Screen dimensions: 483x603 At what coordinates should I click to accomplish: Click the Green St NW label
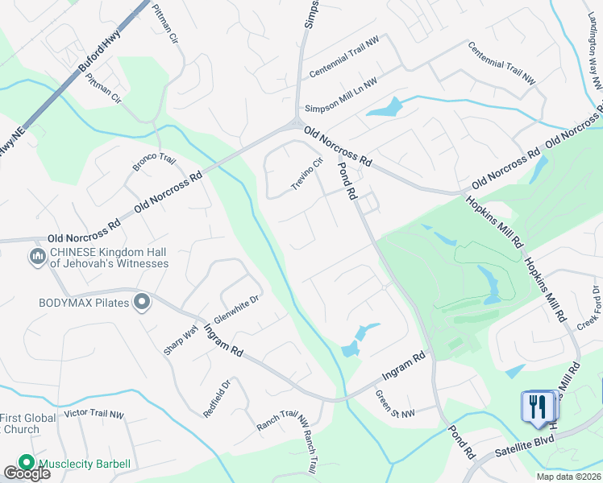395,404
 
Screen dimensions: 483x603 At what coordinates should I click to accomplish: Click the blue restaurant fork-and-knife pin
536,405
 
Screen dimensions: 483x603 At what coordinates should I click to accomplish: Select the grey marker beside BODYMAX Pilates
143,303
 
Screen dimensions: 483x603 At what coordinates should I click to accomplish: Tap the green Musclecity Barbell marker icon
27,463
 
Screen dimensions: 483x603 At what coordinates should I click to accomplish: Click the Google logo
27,473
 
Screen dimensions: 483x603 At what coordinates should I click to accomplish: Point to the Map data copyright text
569,477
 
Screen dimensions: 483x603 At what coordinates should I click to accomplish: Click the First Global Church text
28,423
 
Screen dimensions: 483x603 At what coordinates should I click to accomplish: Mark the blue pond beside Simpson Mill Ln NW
385,106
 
